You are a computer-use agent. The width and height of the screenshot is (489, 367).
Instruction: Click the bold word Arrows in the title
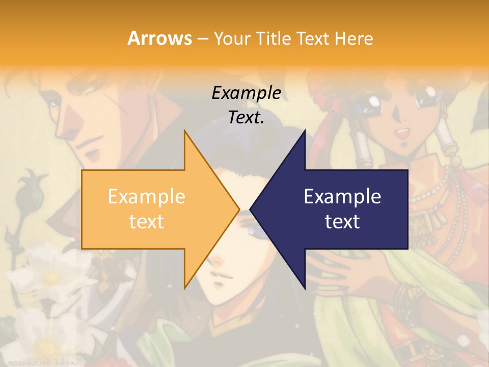tap(159, 38)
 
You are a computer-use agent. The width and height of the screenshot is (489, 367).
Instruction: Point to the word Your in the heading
tap(231, 38)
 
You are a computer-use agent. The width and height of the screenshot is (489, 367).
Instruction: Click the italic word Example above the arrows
tap(246, 93)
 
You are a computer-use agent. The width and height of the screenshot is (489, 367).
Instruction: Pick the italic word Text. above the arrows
tap(246, 118)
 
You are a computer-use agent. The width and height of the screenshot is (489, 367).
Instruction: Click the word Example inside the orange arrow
tap(146, 196)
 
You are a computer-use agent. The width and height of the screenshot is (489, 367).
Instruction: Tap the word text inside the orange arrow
tap(146, 221)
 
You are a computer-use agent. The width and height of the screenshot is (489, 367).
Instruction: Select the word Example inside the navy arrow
tap(342, 196)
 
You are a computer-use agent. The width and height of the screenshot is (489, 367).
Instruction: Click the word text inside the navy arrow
tap(342, 221)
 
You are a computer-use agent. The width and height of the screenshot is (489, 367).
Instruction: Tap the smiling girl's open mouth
tap(403, 134)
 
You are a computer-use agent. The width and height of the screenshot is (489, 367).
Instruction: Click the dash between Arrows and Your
tap(202, 39)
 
